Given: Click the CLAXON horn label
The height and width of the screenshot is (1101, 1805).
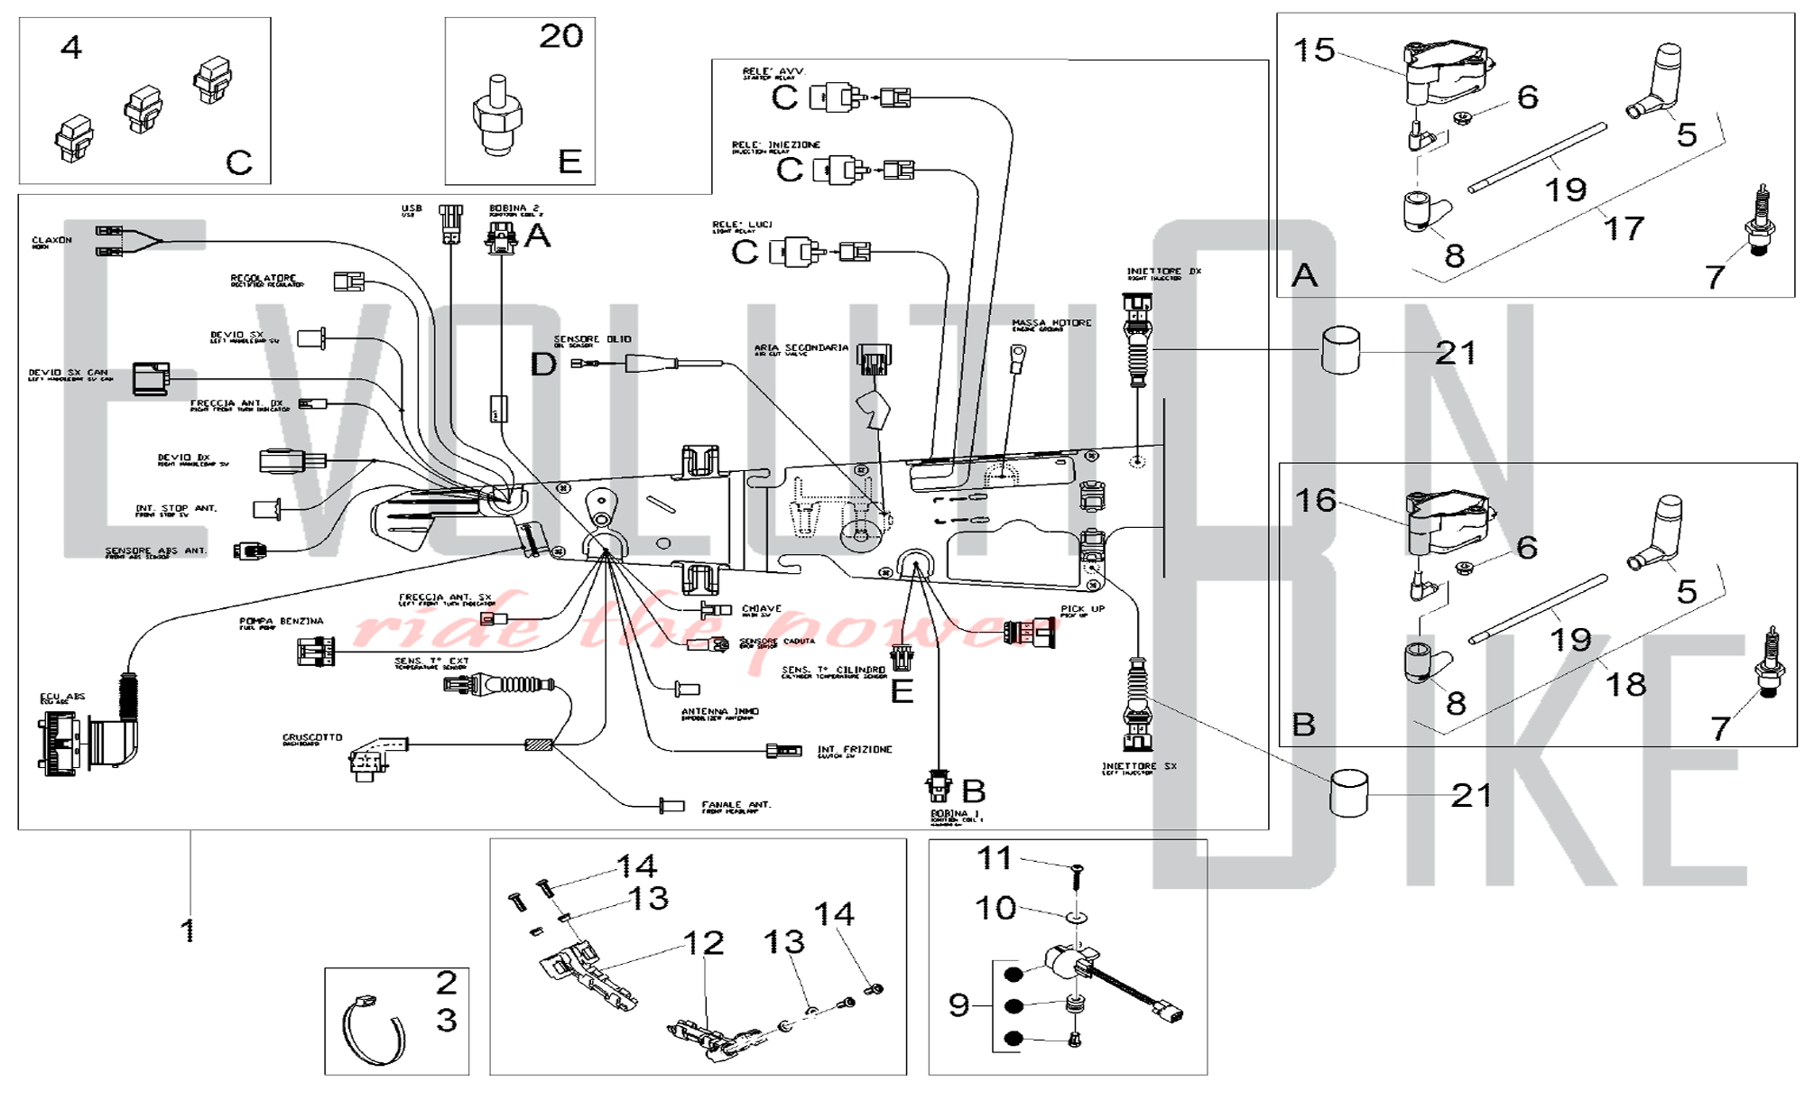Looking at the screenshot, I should pos(51,241).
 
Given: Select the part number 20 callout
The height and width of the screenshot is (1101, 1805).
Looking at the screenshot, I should pos(560,37).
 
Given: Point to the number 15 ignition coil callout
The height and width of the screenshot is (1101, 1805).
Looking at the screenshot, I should pos(1313,50).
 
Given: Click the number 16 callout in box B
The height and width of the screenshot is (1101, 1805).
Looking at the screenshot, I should pos(1315,500).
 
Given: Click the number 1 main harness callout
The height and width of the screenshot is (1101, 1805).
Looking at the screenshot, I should pos(188,930).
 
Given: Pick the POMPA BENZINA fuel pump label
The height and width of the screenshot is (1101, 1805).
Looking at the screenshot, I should pos(281,622).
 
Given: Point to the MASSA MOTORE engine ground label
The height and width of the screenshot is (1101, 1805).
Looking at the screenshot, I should pos(1051,323).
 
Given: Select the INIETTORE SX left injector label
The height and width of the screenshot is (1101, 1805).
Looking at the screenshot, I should pos(1139,767).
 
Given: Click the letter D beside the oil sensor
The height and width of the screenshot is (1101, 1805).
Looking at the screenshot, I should pos(543,364).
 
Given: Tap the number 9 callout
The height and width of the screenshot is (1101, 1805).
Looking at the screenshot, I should pos(958,1004).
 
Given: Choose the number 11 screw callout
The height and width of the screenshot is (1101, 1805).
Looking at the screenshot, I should pos(995,857).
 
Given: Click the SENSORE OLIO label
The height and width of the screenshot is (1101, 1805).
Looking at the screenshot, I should pos(592,339).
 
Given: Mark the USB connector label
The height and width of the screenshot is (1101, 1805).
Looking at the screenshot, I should pos(412,209).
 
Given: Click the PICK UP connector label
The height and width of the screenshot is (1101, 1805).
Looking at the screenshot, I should pos(1082,609).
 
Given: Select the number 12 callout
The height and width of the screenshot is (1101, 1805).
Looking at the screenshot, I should pos(704,943).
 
